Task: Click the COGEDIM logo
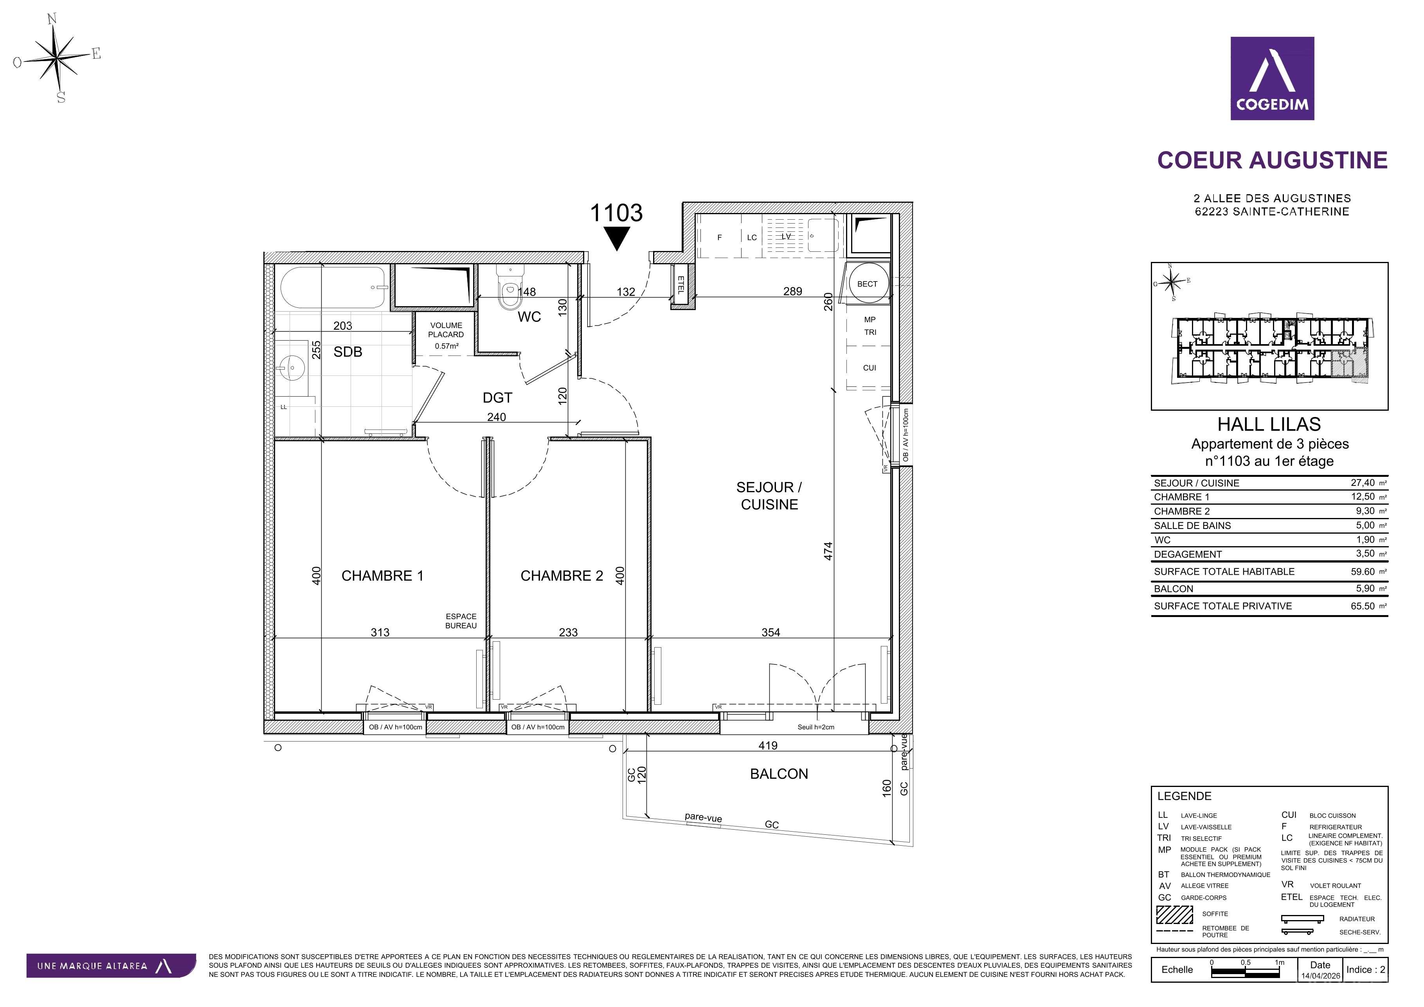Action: coord(1272,78)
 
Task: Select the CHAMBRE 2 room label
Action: coord(561,576)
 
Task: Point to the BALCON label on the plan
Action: coord(779,774)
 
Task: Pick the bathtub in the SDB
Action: coord(334,287)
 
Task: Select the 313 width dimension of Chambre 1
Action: coord(380,632)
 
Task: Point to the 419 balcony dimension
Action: coord(768,745)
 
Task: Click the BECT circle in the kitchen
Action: coord(867,283)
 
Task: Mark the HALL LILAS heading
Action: coord(1269,424)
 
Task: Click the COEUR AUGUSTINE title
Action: coord(1272,160)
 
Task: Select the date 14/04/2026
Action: coord(1320,976)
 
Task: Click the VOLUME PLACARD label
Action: coord(446,329)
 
